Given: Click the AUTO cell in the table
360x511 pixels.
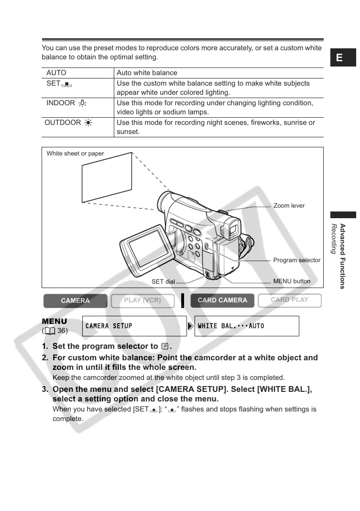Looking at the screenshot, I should tap(56, 73).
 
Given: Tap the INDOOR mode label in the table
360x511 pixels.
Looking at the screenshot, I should tap(61, 103).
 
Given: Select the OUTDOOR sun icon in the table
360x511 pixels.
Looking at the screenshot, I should tap(88, 123).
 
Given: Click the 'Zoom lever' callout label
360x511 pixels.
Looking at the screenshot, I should tap(289, 206).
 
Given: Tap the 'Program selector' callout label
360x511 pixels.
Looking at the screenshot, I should tap(296, 260).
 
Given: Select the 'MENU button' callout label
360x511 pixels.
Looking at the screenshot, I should tap(292, 281).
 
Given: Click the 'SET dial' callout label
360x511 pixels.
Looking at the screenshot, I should tap(163, 282).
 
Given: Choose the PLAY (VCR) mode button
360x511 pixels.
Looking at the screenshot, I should tap(142, 300).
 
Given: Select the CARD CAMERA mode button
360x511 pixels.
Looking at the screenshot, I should tap(222, 300).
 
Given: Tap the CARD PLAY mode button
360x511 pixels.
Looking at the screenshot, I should tap(289, 300).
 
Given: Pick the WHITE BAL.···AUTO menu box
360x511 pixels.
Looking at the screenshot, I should tap(247, 326).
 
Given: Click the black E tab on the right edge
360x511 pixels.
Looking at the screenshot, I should tap(339, 58).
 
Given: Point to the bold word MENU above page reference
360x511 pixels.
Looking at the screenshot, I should tap(55, 321).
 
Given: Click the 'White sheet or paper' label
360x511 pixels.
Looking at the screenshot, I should tap(75, 154).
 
